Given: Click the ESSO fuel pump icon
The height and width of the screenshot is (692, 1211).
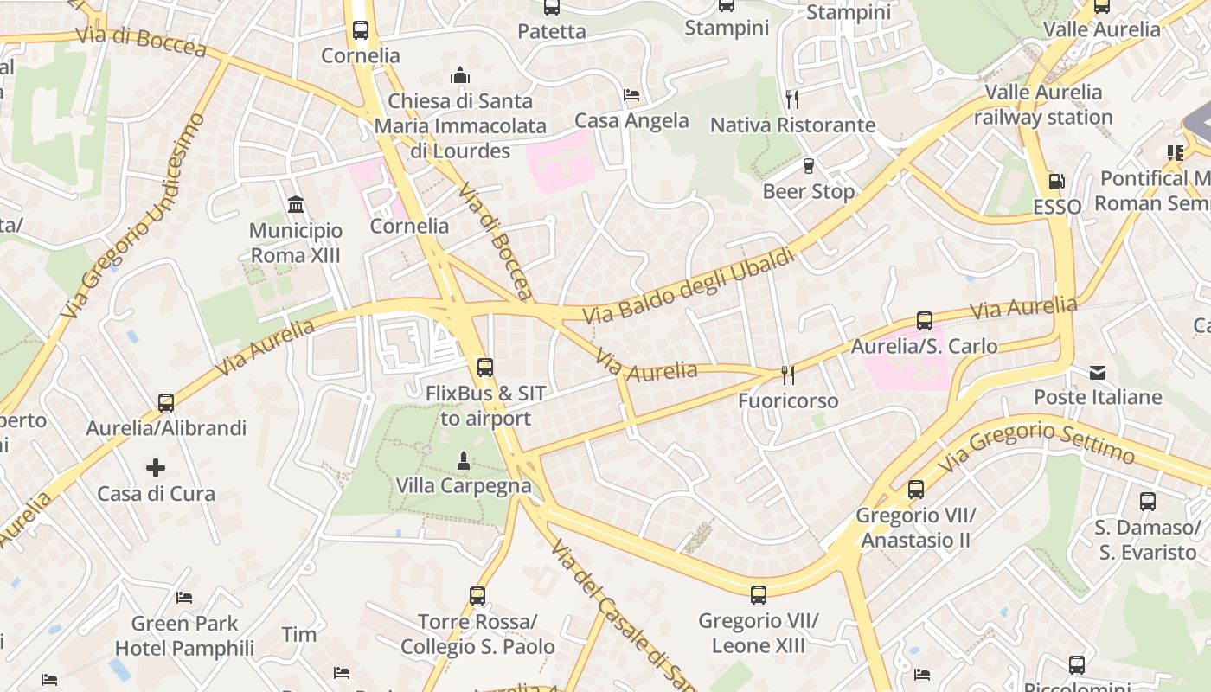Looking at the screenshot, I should tap(1055, 182).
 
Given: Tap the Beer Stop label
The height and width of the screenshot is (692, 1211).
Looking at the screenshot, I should tap(808, 191).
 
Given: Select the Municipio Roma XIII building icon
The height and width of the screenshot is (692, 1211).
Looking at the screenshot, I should tap(296, 205).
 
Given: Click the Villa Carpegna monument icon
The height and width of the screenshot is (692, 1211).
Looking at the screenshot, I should tap(464, 461).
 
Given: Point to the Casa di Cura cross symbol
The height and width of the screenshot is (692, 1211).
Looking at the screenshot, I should tap(156, 469).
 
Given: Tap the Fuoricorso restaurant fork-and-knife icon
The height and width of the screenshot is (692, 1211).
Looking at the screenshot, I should tap(788, 375).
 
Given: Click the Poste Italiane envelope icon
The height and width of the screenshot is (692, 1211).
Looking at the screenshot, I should tap(1098, 373).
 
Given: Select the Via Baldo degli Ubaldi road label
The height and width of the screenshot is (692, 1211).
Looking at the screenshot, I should tap(688, 286).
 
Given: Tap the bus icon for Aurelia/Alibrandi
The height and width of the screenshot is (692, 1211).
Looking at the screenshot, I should tap(166, 402).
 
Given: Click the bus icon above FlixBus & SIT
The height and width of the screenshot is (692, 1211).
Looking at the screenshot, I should tap(485, 368).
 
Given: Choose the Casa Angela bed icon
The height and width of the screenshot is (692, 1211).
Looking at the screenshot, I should tap(631, 95).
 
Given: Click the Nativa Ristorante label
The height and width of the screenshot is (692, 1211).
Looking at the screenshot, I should tap(792, 125).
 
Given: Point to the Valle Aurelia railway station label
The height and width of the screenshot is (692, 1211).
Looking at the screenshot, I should tap(1043, 105).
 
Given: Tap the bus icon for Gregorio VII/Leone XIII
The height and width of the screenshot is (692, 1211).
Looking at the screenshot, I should tap(759, 595).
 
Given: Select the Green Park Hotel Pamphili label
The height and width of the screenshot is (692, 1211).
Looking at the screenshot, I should tap(184, 636).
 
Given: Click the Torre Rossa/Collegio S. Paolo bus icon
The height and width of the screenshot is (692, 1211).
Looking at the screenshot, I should tap(477, 596).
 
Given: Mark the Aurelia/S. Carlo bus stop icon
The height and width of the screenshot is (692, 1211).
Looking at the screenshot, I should tap(925, 321).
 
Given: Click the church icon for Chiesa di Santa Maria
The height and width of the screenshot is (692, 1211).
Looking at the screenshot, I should tap(460, 75).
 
